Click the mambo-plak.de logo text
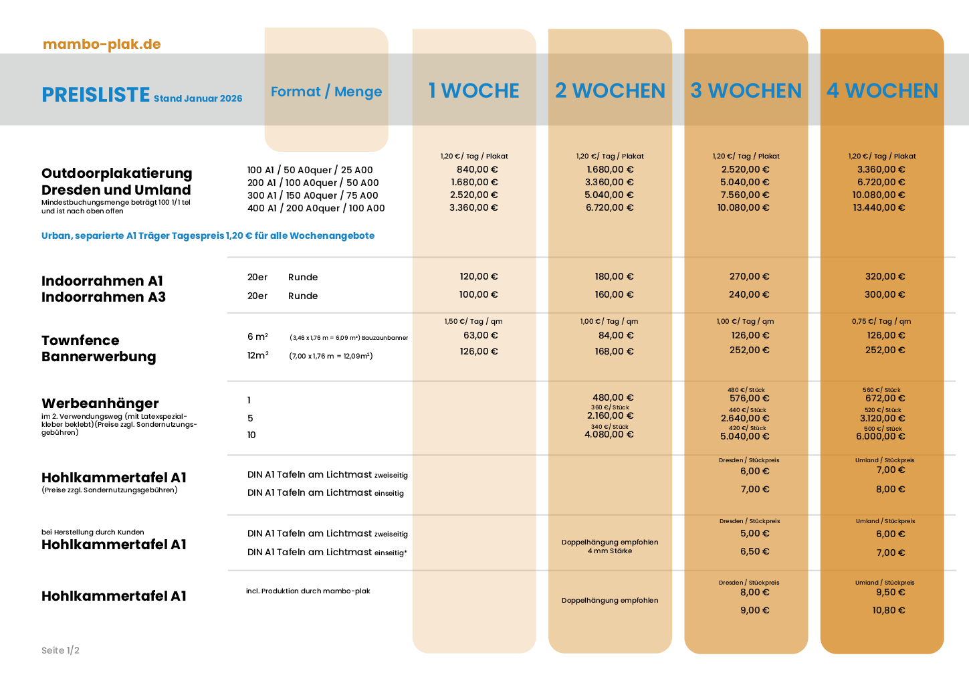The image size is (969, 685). coord(102,44)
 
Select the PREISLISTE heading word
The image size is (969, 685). coord(96,94)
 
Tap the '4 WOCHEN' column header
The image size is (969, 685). coord(882,90)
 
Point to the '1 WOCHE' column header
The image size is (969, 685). coord(473,90)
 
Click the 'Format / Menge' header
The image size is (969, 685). coord(326,92)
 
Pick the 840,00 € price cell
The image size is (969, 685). coord(477,169)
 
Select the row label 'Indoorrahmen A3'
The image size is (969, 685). coord(104,297)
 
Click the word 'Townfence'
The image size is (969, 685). coord(80,340)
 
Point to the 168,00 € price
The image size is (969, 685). coord(614,351)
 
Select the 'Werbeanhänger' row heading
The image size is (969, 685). coord(100,403)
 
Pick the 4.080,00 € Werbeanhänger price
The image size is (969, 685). coord(609,434)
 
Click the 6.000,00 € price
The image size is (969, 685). coord(880,436)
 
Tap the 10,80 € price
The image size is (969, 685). coord(888,610)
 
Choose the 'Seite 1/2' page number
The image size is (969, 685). coord(60,650)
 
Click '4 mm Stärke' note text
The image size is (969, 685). coord(610,551)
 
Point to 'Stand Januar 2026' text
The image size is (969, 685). coord(198,98)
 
